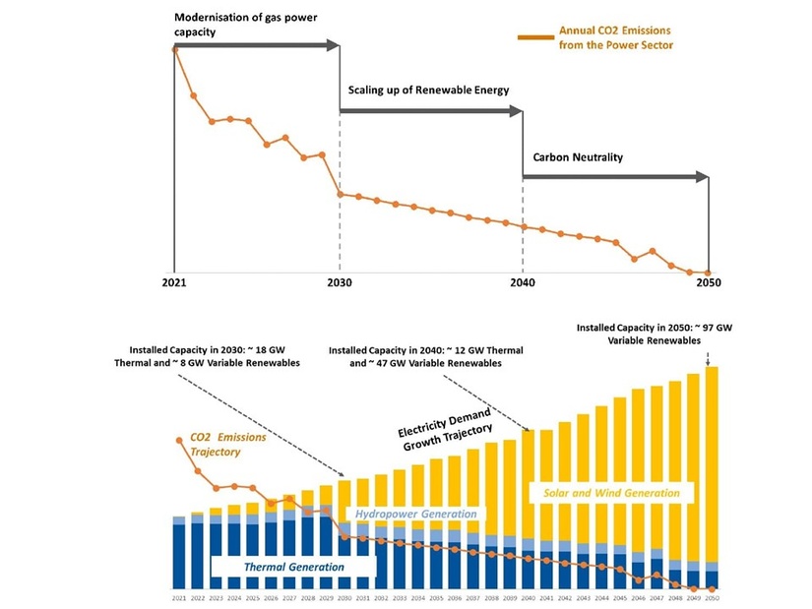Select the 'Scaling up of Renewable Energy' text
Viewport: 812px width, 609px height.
click(x=428, y=90)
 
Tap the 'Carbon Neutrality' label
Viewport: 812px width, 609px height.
click(x=578, y=156)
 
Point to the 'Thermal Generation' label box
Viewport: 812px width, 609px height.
click(x=293, y=567)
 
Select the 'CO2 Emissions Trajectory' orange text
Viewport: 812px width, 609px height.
click(x=228, y=444)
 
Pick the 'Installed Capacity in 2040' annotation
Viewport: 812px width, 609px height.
click(x=425, y=356)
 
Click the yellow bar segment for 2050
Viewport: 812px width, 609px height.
click(x=712, y=462)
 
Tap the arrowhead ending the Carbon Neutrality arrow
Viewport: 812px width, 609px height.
click(x=703, y=177)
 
